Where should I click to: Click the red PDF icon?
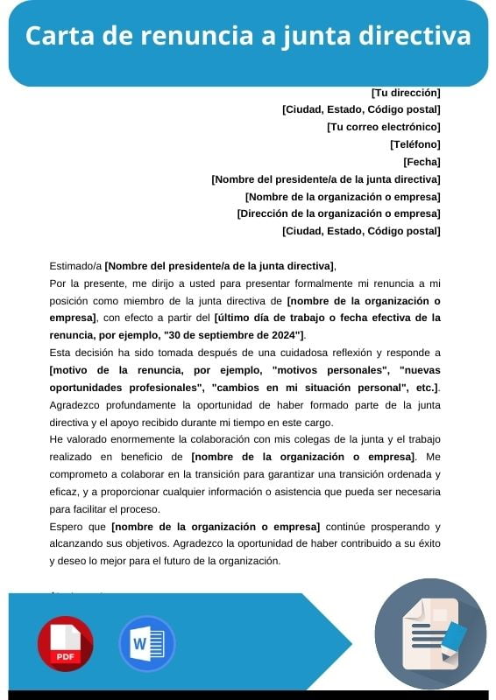click(x=65, y=644)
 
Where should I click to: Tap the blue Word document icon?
click(x=146, y=644)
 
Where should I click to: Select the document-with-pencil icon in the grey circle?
click(x=429, y=633)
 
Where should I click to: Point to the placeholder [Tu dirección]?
click(x=405, y=92)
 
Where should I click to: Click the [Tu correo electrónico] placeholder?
click(x=383, y=126)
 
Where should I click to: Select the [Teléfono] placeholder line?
click(x=415, y=143)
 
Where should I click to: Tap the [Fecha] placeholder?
click(x=422, y=161)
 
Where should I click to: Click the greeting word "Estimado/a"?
click(x=76, y=266)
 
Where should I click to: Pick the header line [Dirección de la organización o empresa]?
click(x=338, y=213)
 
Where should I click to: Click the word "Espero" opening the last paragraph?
click(x=66, y=526)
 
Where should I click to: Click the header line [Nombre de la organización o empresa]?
click(x=343, y=196)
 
